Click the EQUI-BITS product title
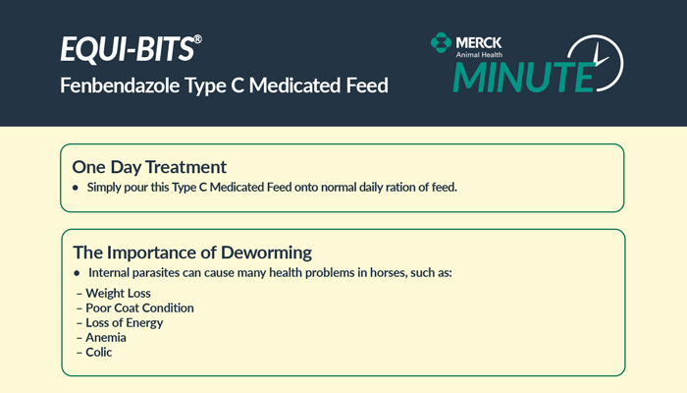[x=127, y=49]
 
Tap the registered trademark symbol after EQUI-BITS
[x=197, y=39]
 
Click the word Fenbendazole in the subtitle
[x=120, y=85]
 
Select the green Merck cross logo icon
[x=441, y=42]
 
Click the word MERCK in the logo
[x=479, y=42]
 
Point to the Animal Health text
[x=479, y=55]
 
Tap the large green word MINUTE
[x=523, y=78]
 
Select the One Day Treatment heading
[x=149, y=167]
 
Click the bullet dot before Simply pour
[x=76, y=188]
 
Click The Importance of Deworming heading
[x=192, y=253]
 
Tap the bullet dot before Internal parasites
[x=78, y=273]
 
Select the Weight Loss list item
[x=114, y=293]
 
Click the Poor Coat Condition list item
[x=135, y=308]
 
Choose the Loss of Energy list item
[x=120, y=323]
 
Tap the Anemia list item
[x=101, y=337]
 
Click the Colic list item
[x=94, y=352]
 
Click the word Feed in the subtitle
[x=367, y=85]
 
